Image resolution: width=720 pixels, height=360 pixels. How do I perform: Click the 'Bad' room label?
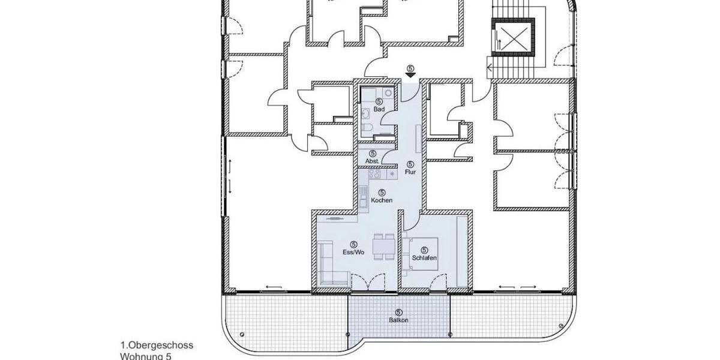point(379,110)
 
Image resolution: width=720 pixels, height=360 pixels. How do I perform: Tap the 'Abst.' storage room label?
point(373,161)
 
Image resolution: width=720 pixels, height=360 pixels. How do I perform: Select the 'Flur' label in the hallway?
point(410,172)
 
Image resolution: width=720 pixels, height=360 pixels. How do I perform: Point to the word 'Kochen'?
point(382,200)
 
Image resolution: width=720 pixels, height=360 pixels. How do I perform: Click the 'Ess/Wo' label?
point(354,253)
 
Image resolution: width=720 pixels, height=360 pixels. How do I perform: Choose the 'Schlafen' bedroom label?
point(424,258)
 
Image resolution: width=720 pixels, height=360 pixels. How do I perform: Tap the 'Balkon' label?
point(399,320)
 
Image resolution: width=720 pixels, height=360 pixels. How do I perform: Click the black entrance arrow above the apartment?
point(410,75)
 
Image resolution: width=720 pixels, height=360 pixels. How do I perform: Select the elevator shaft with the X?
point(513,38)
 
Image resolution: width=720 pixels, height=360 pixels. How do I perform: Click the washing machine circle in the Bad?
point(387,93)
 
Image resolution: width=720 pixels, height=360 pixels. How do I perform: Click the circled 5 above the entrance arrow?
point(410,68)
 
